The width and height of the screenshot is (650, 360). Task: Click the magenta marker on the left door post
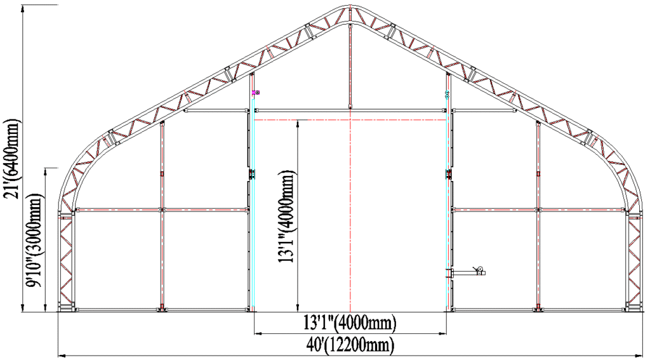(256, 93)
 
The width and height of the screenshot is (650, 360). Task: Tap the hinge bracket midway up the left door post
(251, 175)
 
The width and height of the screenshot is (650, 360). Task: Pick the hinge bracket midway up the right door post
(449, 174)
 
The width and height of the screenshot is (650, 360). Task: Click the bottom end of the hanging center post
(350, 107)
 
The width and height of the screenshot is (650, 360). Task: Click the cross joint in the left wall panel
(162, 209)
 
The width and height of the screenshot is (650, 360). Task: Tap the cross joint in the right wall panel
(538, 209)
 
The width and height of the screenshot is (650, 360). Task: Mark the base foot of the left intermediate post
(162, 310)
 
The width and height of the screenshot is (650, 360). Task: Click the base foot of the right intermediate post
(538, 310)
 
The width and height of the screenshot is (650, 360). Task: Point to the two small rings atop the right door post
(449, 94)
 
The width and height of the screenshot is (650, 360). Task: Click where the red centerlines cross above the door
(350, 119)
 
